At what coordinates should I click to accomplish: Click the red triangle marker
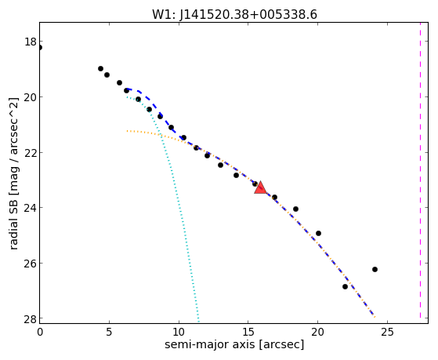click(x=260, y=187)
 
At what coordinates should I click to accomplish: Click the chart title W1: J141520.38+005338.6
click(x=234, y=15)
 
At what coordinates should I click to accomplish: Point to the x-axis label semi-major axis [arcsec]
click(x=234, y=344)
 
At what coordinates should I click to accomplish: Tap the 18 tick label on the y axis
click(x=31, y=42)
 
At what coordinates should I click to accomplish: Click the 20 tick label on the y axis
click(x=31, y=97)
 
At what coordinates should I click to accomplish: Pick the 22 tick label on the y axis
click(x=31, y=153)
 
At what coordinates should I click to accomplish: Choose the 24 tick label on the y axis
click(x=31, y=208)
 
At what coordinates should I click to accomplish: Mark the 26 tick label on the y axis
click(x=31, y=264)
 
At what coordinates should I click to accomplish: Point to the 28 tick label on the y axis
click(x=31, y=318)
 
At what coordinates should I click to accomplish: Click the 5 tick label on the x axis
click(x=109, y=332)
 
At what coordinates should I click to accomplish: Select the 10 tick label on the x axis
click(x=179, y=332)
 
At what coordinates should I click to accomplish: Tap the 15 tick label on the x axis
click(x=248, y=332)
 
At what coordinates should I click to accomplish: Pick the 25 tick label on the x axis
click(x=387, y=332)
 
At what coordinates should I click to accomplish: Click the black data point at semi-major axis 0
click(x=40, y=48)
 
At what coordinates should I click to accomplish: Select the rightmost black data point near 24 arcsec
click(x=375, y=269)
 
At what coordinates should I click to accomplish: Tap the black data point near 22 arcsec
click(x=345, y=287)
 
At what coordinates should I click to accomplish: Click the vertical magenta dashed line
click(x=420, y=170)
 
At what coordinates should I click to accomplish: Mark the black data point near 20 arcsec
click(x=318, y=233)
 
